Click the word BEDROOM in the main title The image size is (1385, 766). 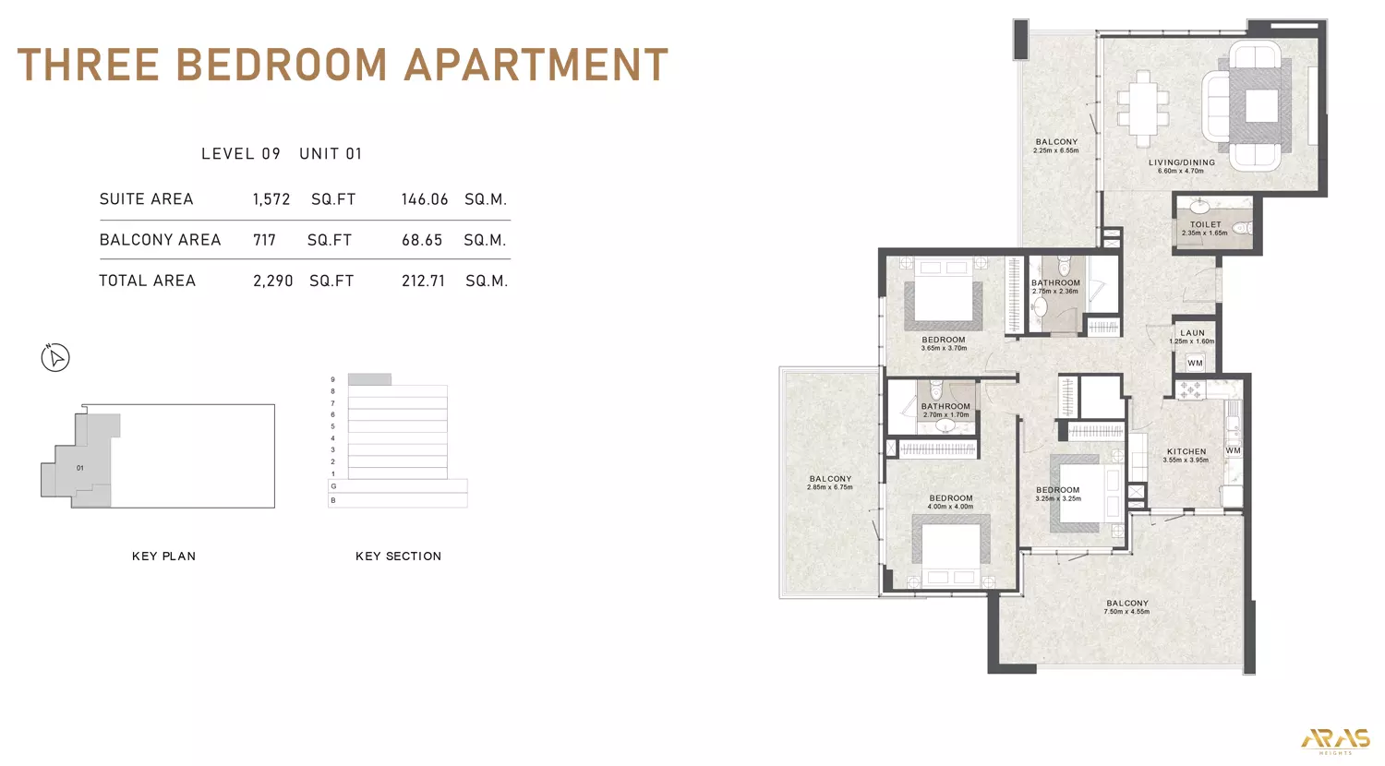click(281, 65)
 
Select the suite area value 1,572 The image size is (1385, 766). click(271, 199)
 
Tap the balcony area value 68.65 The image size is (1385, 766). click(422, 240)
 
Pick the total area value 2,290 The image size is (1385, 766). click(272, 281)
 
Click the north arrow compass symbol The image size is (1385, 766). click(55, 357)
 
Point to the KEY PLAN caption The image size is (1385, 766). click(163, 557)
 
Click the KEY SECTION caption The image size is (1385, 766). click(398, 557)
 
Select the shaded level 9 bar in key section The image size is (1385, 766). click(369, 379)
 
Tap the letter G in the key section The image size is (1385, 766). click(333, 486)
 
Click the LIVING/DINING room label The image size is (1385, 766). click(1181, 163)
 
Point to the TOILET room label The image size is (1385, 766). click(1205, 225)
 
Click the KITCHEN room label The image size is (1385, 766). click(1186, 452)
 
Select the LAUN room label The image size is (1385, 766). click(1192, 333)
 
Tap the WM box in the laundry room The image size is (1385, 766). click(1195, 364)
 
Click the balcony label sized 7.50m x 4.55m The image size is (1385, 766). click(1126, 604)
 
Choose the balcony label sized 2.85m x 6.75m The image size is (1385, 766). click(830, 480)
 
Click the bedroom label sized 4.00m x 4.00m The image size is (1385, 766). click(951, 499)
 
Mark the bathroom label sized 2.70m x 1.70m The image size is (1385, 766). click(945, 407)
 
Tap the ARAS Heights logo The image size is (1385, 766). click(1335, 739)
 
